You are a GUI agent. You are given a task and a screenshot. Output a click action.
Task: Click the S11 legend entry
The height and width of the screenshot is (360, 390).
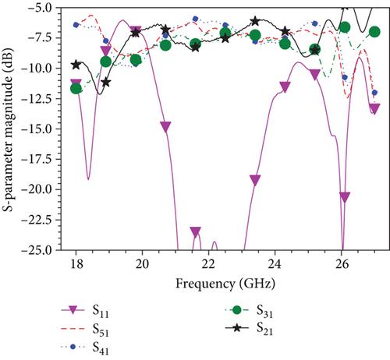pos(85,311)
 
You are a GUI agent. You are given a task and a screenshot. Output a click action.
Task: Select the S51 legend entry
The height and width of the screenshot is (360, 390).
pos(85,330)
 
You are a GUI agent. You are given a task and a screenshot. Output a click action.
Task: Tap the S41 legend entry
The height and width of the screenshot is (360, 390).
pos(85,348)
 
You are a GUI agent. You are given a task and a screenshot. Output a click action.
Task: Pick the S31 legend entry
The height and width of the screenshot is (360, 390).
pos(249,311)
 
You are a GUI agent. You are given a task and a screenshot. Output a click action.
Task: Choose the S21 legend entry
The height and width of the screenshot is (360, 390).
pos(249,328)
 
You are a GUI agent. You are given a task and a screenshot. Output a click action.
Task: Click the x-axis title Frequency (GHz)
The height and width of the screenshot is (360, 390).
pos(225,284)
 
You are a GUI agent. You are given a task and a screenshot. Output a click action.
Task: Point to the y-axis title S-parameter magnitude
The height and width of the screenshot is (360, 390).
pos(8,129)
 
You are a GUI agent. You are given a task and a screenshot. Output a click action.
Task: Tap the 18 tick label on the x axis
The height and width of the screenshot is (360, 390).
pos(76,264)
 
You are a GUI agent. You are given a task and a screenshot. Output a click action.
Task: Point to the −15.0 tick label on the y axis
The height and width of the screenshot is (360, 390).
pos(38,129)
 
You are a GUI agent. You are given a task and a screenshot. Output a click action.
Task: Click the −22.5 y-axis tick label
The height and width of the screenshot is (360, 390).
pos(38,220)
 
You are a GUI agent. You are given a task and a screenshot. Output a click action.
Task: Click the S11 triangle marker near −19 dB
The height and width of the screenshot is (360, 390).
pos(255,180)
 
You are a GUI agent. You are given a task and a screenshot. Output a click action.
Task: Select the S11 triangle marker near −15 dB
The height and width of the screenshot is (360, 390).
pos(166,127)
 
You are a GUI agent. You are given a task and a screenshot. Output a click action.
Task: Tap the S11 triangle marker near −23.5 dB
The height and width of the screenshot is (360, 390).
pos(196,231)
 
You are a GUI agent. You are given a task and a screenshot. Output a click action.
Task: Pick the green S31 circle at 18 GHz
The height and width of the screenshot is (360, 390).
pos(76,89)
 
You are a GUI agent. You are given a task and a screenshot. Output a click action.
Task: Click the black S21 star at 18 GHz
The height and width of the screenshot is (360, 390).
pos(76,65)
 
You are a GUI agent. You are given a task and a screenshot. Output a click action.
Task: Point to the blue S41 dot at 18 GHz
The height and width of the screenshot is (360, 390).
pos(76,25)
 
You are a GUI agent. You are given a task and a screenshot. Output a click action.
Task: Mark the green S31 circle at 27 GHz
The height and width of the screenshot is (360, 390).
pos(374,32)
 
